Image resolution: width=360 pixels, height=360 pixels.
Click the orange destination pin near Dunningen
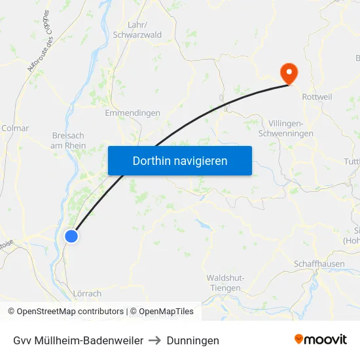[288, 73]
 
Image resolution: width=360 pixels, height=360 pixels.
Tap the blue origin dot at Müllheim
[72, 236]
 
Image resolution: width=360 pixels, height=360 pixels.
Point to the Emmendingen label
[133, 113]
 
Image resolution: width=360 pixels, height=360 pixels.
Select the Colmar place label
[15, 128]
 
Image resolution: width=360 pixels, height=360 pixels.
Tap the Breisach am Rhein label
[68, 141]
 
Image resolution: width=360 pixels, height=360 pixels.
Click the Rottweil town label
[317, 96]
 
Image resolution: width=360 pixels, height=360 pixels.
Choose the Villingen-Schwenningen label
[291, 128]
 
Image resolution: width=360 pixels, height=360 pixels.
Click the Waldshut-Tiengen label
[226, 283]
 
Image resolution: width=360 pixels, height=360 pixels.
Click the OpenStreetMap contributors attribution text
[65, 312]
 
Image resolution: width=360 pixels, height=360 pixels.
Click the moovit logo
[320, 339]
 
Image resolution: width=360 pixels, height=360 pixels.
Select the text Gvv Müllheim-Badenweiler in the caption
[78, 340]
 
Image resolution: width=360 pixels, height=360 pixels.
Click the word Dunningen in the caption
[193, 340]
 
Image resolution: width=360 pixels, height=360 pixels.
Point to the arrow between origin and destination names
[155, 340]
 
